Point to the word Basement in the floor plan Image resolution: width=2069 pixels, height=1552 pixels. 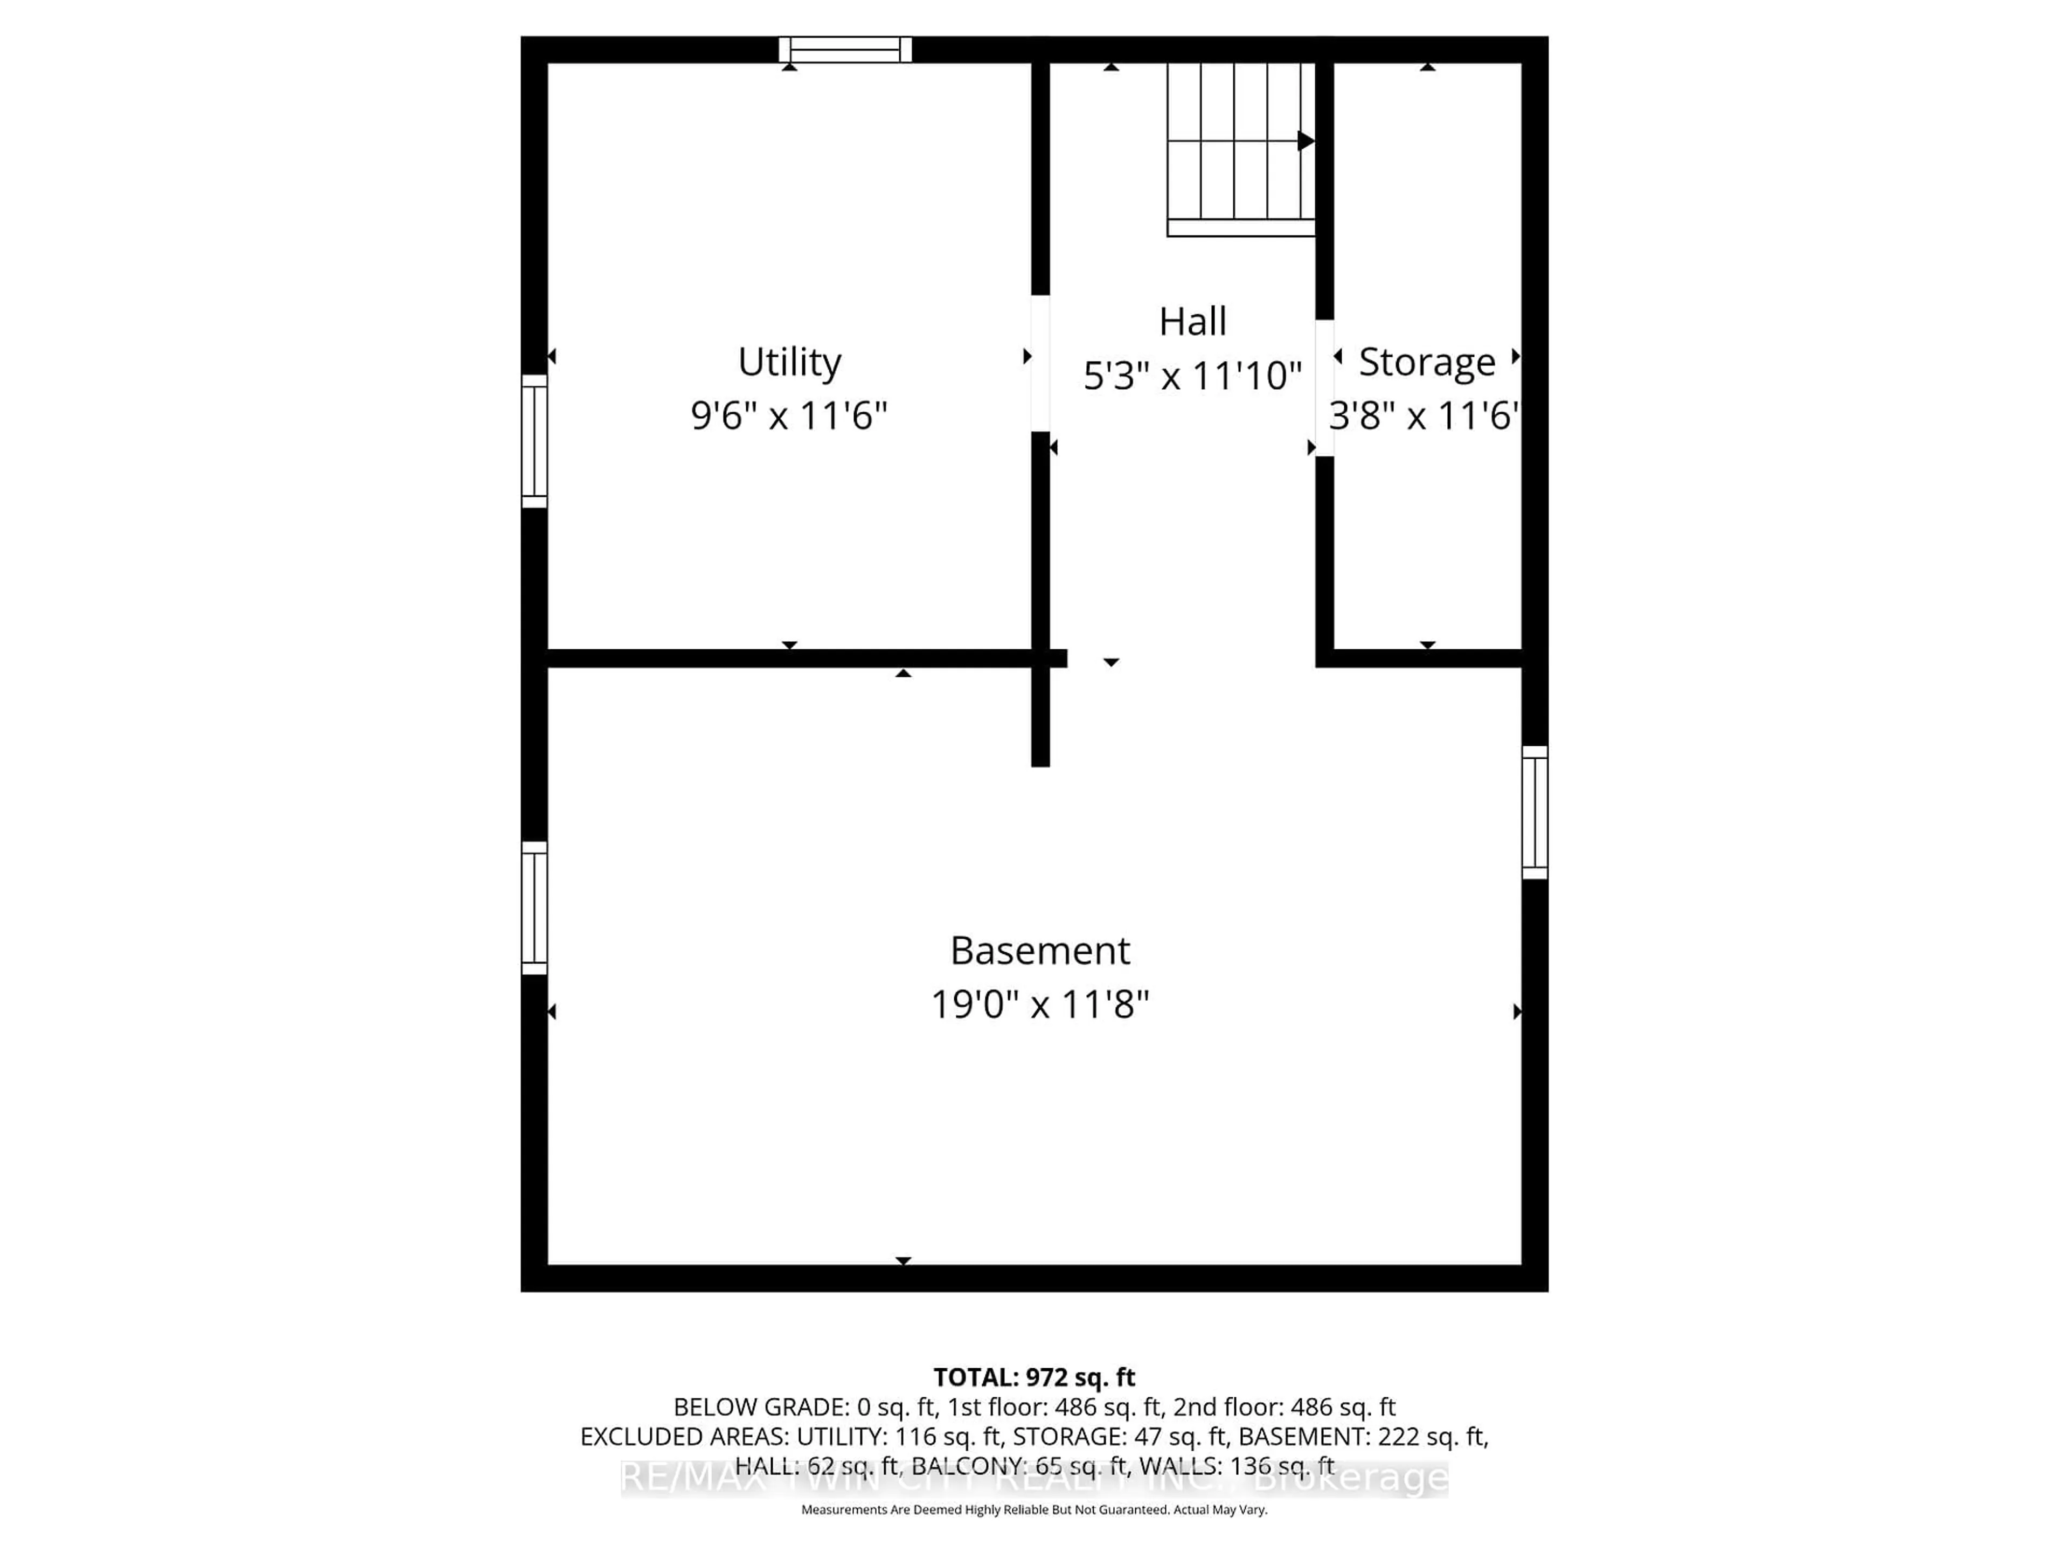pyautogui.click(x=1039, y=951)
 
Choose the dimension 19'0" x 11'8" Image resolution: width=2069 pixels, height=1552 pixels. pyautogui.click(x=1039, y=1004)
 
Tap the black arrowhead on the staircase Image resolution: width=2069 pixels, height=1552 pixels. pyautogui.click(x=1306, y=141)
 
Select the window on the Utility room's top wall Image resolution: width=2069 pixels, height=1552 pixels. pyautogui.click(x=845, y=50)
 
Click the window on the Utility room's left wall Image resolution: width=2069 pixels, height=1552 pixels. pyautogui.click(x=534, y=441)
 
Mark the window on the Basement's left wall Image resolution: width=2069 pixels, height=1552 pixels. pyautogui.click(x=534, y=907)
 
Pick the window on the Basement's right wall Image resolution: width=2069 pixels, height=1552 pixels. pyautogui.click(x=1535, y=812)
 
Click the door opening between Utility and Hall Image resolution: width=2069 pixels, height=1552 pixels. pyautogui.click(x=1040, y=363)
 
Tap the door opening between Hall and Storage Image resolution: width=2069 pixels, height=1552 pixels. pyautogui.click(x=1324, y=387)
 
